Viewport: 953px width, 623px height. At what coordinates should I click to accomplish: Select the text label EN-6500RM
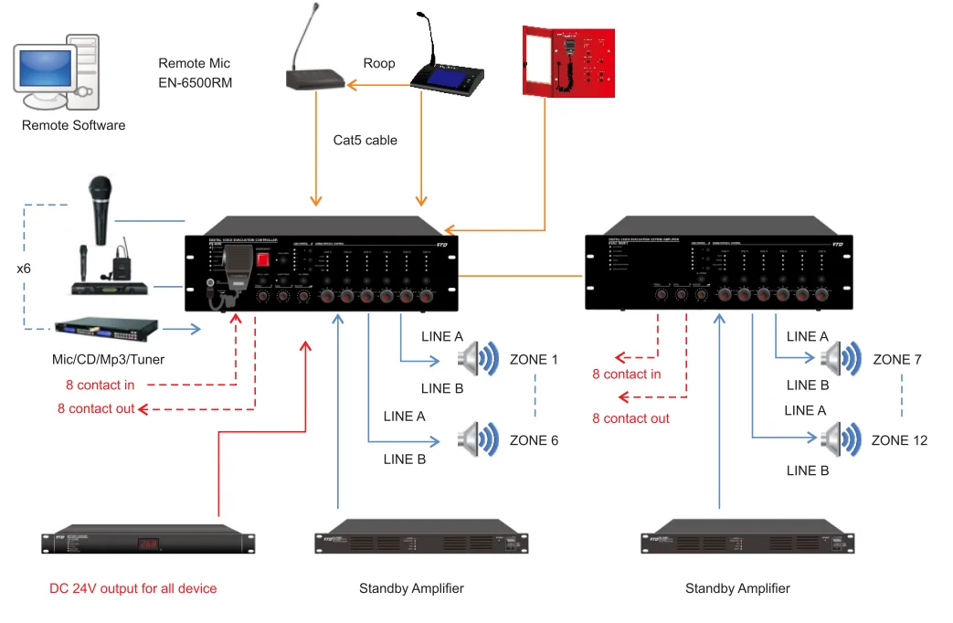[195, 82]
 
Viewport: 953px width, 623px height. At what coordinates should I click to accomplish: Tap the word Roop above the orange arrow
[379, 63]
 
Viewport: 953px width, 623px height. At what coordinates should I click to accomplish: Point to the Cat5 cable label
[365, 141]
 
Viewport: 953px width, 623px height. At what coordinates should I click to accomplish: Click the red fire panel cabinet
[567, 59]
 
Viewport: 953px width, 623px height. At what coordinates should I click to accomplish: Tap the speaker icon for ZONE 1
[479, 359]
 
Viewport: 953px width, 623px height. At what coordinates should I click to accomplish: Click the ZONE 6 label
[534, 440]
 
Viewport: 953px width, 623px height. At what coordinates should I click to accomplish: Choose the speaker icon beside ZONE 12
[841, 439]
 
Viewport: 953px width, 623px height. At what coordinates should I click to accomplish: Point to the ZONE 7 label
[897, 359]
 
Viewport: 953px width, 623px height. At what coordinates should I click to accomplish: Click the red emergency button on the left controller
[263, 259]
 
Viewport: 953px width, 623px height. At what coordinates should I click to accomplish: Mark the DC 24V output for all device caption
[133, 588]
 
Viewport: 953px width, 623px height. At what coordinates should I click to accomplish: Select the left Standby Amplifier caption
[411, 588]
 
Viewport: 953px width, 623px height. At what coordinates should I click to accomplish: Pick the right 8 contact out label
[630, 418]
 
